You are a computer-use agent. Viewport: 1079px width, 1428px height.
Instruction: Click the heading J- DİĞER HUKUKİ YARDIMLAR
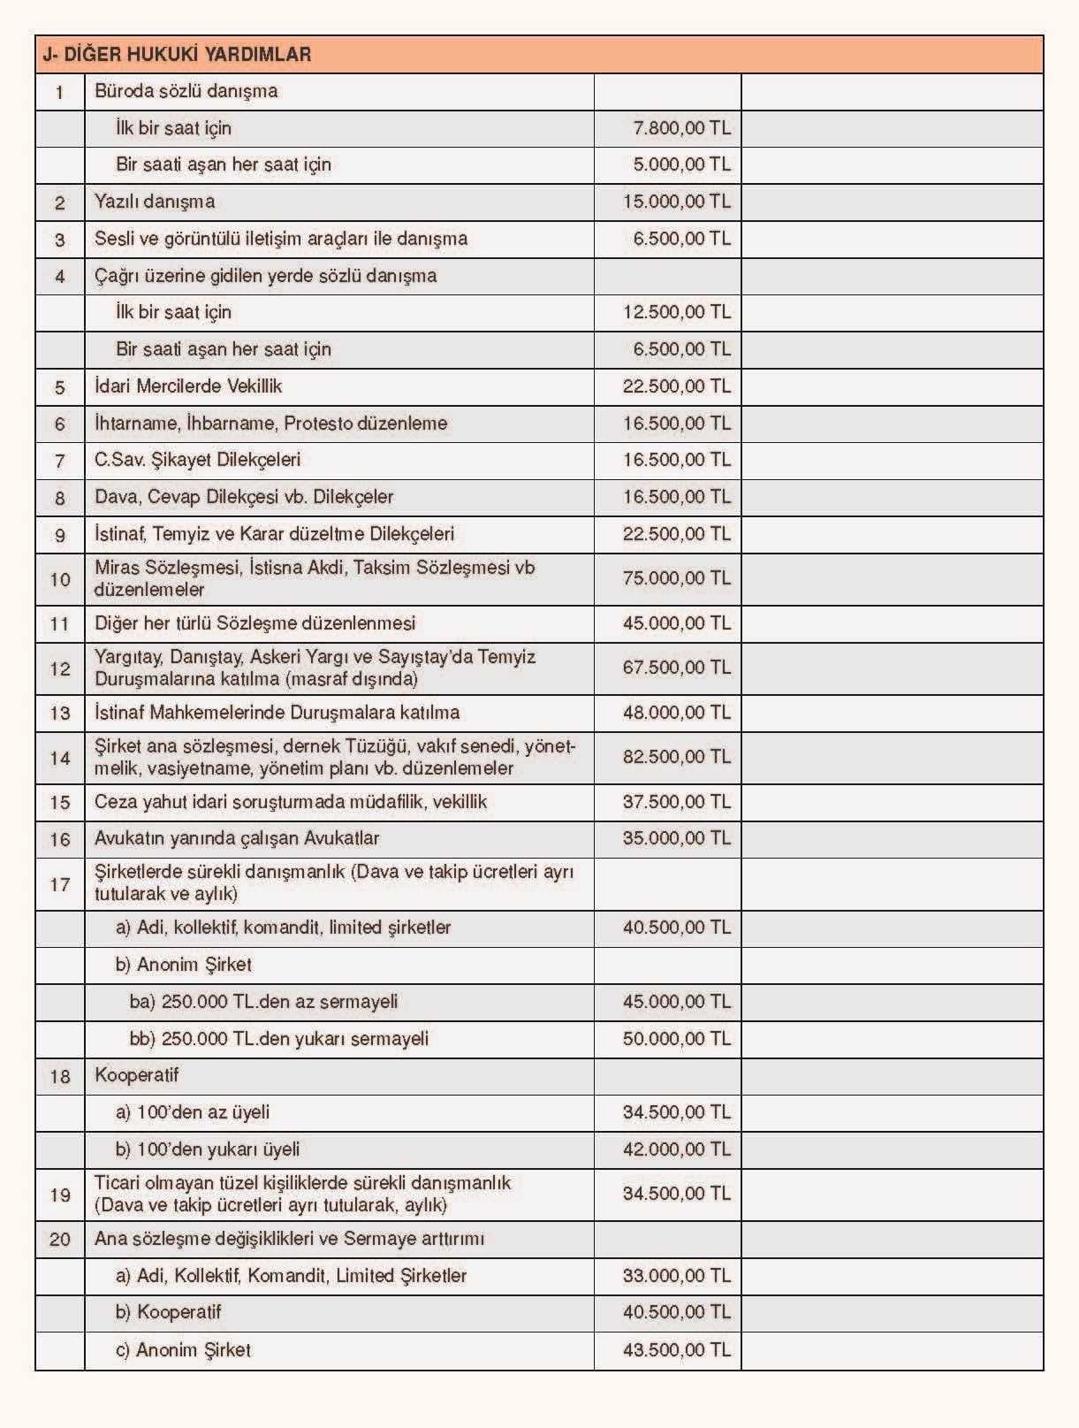pos(177,55)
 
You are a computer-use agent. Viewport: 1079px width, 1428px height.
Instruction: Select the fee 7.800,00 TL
pos(681,128)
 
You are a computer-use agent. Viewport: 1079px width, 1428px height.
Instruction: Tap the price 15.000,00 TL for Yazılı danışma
pos(676,202)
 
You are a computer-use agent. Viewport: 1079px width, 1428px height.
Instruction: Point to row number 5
pos(60,387)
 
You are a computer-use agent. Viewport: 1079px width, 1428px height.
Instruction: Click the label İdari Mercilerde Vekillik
pos(188,386)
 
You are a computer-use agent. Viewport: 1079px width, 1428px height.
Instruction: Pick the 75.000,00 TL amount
pos(676,578)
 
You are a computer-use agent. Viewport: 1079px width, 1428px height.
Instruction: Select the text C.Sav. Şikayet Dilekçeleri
pos(198,460)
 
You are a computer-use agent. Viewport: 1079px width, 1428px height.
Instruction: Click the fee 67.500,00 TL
pos(676,668)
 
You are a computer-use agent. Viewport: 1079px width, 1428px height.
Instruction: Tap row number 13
pos(60,714)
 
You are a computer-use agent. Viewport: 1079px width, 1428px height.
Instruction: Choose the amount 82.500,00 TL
pos(676,757)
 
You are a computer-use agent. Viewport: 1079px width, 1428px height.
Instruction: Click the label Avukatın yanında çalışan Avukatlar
pos(237,838)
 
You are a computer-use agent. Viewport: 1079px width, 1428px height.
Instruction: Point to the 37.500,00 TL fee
pos(676,802)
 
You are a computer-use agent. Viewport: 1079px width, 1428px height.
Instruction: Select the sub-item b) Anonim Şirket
pos(184,965)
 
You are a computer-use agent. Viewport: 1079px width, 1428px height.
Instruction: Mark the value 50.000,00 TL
pos(676,1039)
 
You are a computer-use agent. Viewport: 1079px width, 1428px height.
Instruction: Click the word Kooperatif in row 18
pos(137,1075)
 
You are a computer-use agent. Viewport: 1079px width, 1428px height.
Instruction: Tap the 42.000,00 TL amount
pos(676,1149)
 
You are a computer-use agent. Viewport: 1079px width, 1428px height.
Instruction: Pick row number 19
pos(60,1195)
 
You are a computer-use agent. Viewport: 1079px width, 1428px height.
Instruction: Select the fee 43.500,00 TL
pos(676,1350)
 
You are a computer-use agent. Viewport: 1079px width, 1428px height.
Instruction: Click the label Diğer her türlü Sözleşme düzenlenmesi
pos(255,623)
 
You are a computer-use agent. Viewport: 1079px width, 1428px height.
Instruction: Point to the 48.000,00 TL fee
pos(676,713)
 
